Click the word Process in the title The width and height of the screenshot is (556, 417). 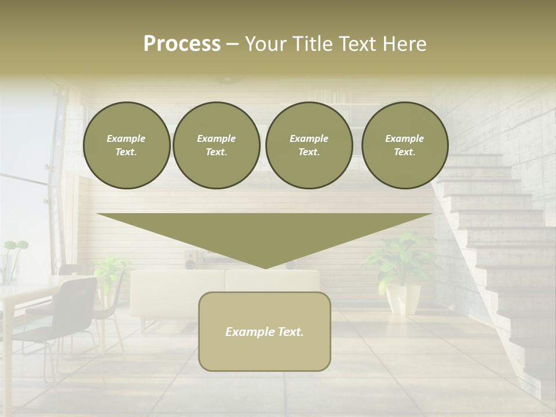click(182, 44)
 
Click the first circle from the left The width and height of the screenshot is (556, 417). click(126, 145)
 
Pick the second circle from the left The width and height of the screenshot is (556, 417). click(216, 145)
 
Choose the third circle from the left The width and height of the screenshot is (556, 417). click(309, 145)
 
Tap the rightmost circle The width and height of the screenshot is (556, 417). click(404, 145)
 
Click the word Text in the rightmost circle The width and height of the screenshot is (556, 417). click(404, 152)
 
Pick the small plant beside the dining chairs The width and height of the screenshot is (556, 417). click(110, 269)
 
